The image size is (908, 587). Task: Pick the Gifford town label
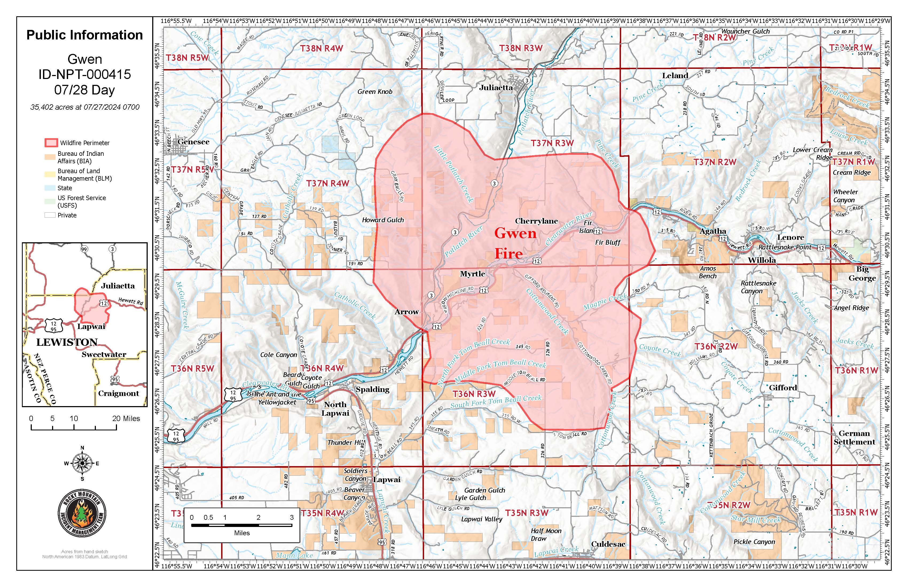(782, 388)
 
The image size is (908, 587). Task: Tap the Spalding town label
(372, 389)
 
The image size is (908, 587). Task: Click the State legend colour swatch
(50, 188)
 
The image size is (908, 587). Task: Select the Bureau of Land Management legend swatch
(50, 174)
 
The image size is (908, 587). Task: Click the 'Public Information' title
(84, 35)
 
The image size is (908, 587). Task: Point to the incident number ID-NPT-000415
(84, 74)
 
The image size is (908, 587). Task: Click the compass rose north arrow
(82, 463)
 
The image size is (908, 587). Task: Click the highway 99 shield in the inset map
(84, 249)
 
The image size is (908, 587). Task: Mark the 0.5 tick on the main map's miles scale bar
(208, 518)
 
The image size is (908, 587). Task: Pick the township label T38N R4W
(321, 48)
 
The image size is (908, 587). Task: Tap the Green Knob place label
(375, 92)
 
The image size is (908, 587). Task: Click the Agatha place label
(713, 231)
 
